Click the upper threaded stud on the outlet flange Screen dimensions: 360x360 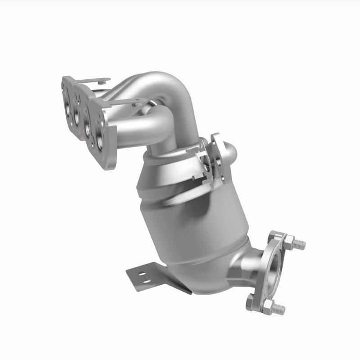pyautogui.click(x=298, y=244)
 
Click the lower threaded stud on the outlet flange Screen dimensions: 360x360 pyautogui.click(x=277, y=309)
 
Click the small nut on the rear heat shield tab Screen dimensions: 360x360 pyautogui.click(x=103, y=81)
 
